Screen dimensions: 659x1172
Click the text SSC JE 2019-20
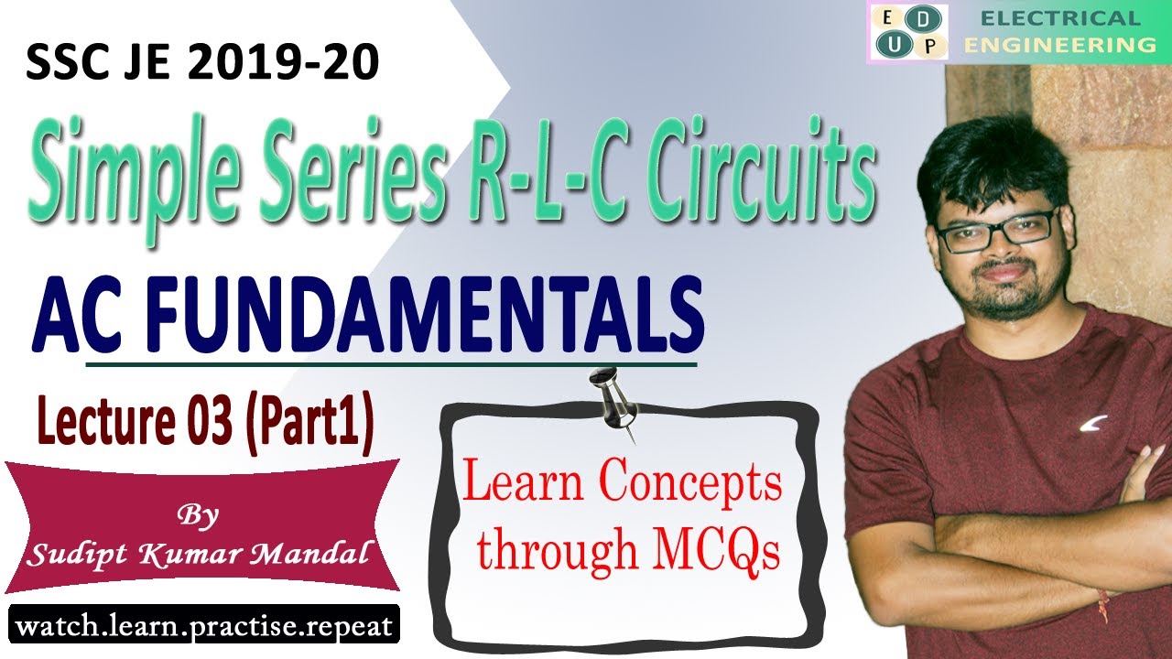(202, 67)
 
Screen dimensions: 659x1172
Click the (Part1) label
(310, 426)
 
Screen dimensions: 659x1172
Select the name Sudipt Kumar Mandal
(199, 554)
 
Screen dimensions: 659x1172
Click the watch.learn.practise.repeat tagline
(204, 627)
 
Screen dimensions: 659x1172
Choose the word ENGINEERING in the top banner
(1059, 44)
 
